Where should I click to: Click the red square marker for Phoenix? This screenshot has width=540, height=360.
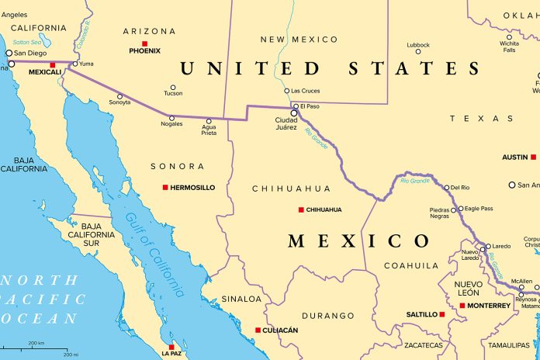click(x=144, y=43)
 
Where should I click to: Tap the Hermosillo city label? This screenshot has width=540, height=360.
click(x=192, y=187)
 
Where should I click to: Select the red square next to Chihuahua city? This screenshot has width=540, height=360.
click(x=301, y=209)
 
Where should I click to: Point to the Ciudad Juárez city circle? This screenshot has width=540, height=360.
click(x=294, y=112)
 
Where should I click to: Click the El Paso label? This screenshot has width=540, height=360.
click(x=310, y=106)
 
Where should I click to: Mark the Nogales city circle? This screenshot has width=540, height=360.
click(x=172, y=118)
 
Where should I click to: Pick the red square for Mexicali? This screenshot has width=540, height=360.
click(x=53, y=64)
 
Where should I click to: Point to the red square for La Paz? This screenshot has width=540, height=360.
click(x=171, y=346)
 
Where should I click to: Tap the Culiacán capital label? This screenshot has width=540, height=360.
click(x=281, y=330)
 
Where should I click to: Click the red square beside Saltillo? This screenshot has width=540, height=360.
click(x=442, y=314)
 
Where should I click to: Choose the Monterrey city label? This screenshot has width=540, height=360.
click(x=490, y=306)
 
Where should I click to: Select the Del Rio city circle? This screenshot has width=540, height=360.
click(x=446, y=187)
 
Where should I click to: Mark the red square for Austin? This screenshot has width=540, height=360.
click(x=534, y=157)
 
